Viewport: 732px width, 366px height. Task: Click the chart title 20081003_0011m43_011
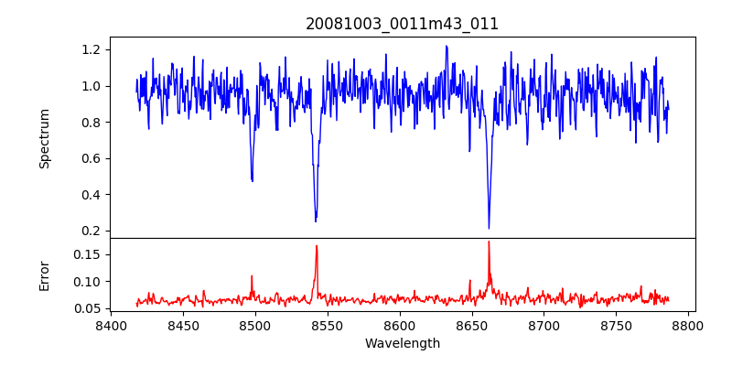pos(403,24)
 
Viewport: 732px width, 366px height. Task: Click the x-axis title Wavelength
pos(403,344)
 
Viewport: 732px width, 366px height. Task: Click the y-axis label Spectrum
pos(44,138)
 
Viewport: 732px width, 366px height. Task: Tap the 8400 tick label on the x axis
pos(111,325)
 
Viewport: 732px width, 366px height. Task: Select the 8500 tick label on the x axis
pos(255,325)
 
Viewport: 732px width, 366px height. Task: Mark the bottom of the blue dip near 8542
pos(316,221)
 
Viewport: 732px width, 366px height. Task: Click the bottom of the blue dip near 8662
pos(489,228)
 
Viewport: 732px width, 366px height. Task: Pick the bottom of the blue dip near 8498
pos(253,181)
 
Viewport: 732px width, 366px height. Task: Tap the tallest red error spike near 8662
pos(489,242)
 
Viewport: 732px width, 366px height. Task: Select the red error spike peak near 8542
pos(317,245)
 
